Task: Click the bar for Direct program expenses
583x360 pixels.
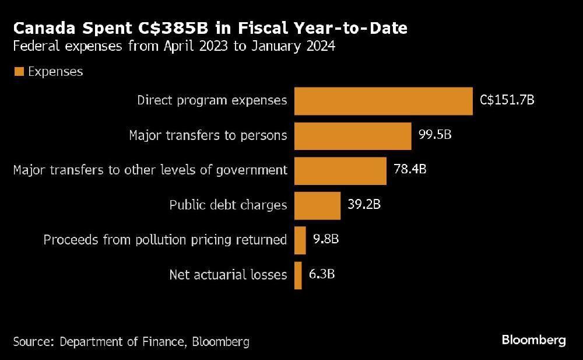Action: pyautogui.click(x=383, y=101)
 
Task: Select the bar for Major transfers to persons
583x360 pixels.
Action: pyautogui.click(x=353, y=135)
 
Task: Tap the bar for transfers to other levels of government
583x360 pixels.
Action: pyautogui.click(x=340, y=170)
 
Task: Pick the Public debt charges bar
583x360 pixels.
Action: pyautogui.click(x=317, y=205)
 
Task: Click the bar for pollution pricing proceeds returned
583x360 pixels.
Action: pyautogui.click(x=300, y=240)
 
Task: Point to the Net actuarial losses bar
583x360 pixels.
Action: pyautogui.click(x=298, y=275)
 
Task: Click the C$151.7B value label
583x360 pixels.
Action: pyautogui.click(x=507, y=100)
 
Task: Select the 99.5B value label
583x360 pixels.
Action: pyautogui.click(x=435, y=135)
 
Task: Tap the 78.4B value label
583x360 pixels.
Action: pyautogui.click(x=410, y=170)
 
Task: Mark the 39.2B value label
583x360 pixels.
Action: pyautogui.click(x=364, y=205)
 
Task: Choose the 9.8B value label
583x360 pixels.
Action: pyautogui.click(x=326, y=240)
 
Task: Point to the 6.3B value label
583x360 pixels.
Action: pyautogui.click(x=322, y=275)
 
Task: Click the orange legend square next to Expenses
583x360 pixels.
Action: pyautogui.click(x=19, y=72)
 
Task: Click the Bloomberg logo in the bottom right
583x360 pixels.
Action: pyautogui.click(x=533, y=340)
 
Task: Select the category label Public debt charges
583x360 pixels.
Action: pyautogui.click(x=228, y=205)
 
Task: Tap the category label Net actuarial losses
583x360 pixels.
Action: pyautogui.click(x=228, y=275)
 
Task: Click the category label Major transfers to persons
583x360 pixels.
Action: pyautogui.click(x=208, y=135)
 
